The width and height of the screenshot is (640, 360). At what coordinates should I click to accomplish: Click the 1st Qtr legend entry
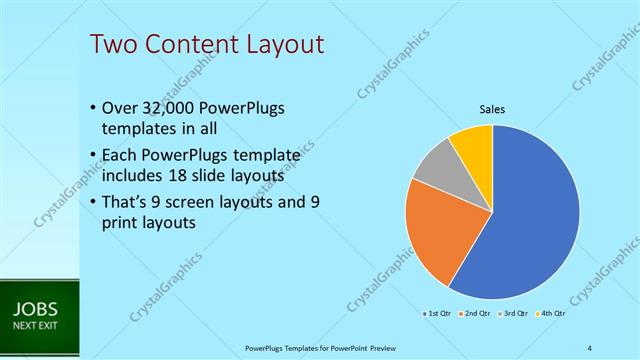click(440, 313)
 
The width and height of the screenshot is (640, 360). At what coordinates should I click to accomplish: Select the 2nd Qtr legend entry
click(476, 313)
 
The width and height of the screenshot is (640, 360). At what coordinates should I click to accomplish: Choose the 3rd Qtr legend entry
click(513, 313)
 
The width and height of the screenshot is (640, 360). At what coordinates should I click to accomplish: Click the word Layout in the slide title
click(281, 44)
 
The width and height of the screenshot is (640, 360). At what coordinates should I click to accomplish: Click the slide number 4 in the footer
click(589, 347)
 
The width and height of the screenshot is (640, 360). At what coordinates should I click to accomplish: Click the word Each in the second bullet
click(119, 155)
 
